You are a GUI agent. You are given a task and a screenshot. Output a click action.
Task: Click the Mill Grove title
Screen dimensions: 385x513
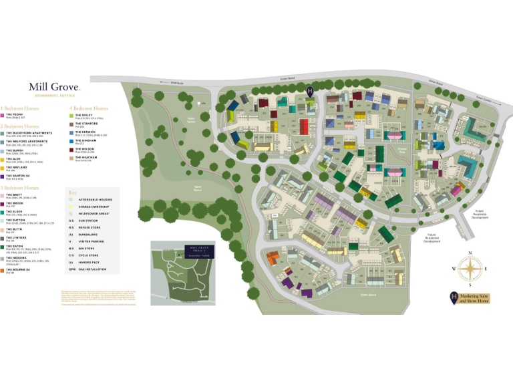tap(53, 87)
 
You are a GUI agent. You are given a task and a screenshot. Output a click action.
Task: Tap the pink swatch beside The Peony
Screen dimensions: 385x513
tap(3, 116)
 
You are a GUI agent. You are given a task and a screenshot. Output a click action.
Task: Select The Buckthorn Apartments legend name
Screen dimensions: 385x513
tap(28, 132)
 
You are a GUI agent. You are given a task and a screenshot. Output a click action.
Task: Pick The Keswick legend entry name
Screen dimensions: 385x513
tap(86, 132)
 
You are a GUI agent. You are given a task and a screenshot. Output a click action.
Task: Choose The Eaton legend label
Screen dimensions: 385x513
tap(14, 245)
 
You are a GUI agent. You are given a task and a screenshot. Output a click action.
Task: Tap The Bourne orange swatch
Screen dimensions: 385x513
tap(3, 271)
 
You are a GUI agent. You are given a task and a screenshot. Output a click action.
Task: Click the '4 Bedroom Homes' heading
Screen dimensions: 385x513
tap(88, 108)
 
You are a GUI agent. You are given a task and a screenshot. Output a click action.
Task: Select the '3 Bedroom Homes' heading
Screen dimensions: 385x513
tap(19, 188)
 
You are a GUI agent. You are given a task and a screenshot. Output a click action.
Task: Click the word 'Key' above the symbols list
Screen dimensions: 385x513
tap(73, 192)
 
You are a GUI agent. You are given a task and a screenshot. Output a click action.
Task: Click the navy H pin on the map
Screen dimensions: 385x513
tap(310, 91)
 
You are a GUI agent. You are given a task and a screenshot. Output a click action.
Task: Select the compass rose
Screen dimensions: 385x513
tap(470, 269)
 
